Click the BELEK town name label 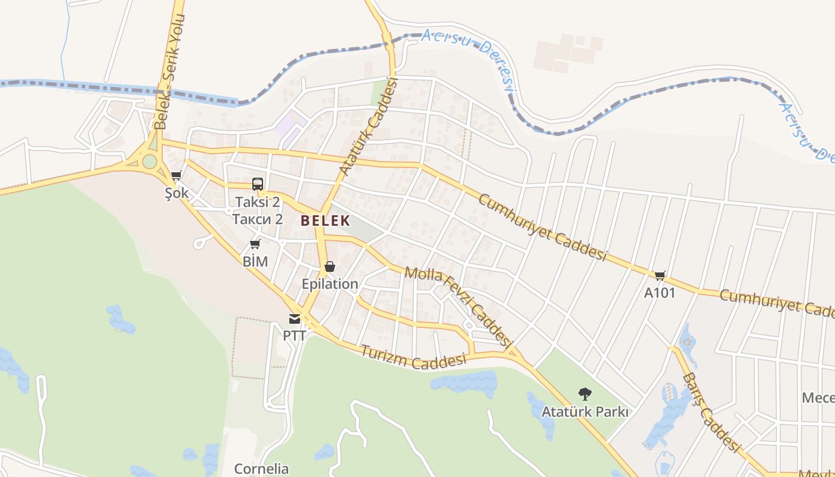tap(325, 221)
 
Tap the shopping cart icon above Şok tap(176, 176)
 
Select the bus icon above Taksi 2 tap(258, 184)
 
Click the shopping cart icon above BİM tap(255, 244)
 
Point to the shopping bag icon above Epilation tap(329, 267)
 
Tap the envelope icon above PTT tap(295, 319)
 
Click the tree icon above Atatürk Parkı tap(584, 394)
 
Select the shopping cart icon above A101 tap(660, 275)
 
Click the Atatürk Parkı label tap(584, 411)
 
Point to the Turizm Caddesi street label tap(413, 356)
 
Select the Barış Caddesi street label tap(710, 412)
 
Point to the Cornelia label tap(261, 469)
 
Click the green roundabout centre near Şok tap(150, 161)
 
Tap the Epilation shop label tap(330, 284)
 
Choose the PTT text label tap(294, 336)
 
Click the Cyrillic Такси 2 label tap(258, 219)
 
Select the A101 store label tap(660, 293)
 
